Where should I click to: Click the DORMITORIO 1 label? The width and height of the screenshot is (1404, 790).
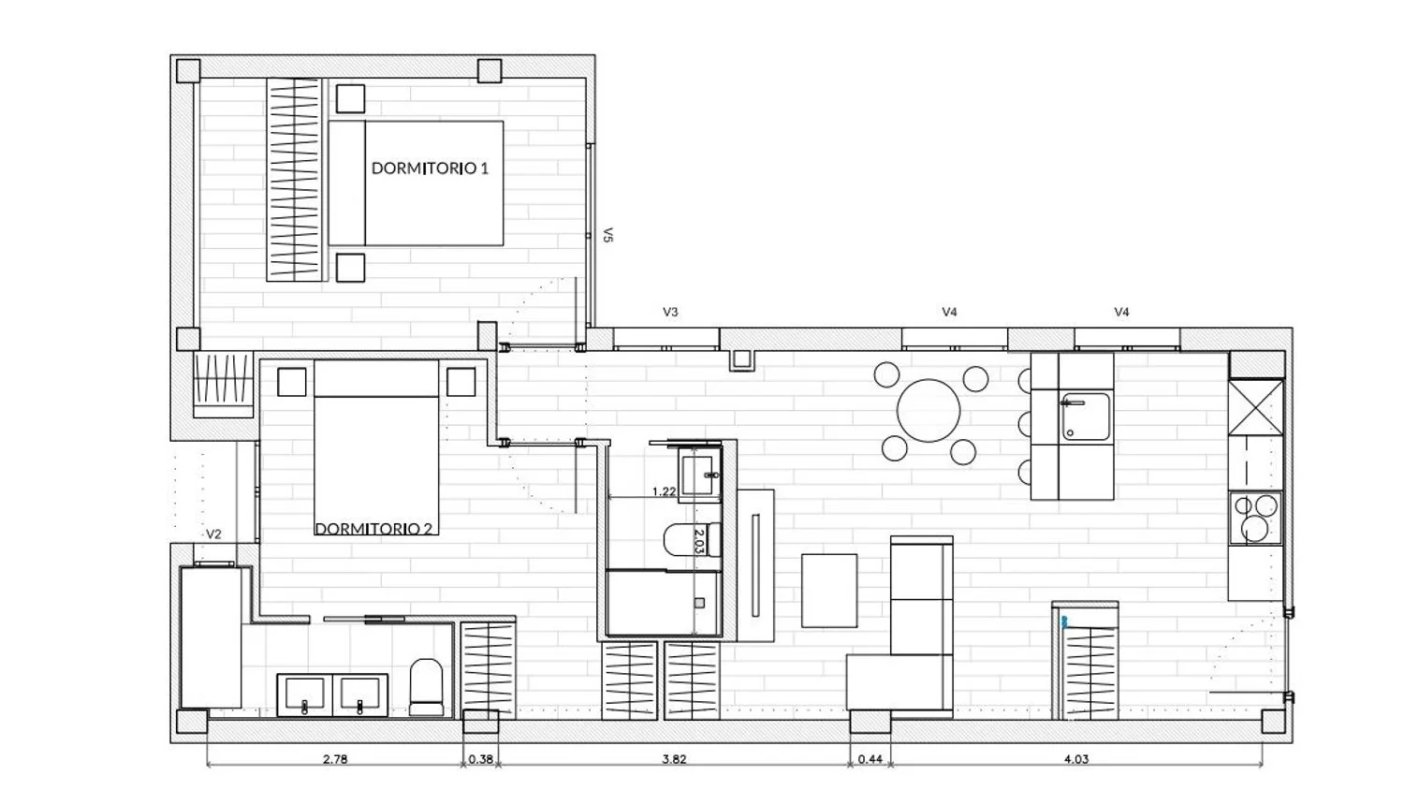430,168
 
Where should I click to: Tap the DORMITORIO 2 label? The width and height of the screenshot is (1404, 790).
374,529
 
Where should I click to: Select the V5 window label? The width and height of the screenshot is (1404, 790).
607,235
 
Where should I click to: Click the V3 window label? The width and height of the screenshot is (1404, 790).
670,312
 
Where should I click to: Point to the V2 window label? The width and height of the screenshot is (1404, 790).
213,534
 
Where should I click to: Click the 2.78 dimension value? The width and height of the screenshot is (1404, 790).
335,759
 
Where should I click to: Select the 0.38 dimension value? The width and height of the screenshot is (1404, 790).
481,759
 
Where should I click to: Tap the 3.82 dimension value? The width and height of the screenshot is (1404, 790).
675,759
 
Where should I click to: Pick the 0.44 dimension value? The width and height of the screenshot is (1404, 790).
870,759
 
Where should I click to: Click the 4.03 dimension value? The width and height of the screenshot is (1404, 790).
1076,759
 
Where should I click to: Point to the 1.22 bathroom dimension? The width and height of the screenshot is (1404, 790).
664,491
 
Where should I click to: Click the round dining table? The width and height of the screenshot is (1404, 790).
929,411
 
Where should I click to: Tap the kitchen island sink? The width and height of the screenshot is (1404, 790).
1084,417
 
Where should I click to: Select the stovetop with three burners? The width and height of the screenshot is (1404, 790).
1255,519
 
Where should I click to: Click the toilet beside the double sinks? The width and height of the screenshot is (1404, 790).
426,686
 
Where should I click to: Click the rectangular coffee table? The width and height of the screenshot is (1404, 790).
829,591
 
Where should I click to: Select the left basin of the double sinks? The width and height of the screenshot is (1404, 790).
304,695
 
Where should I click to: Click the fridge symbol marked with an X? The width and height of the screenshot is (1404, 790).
1255,407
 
